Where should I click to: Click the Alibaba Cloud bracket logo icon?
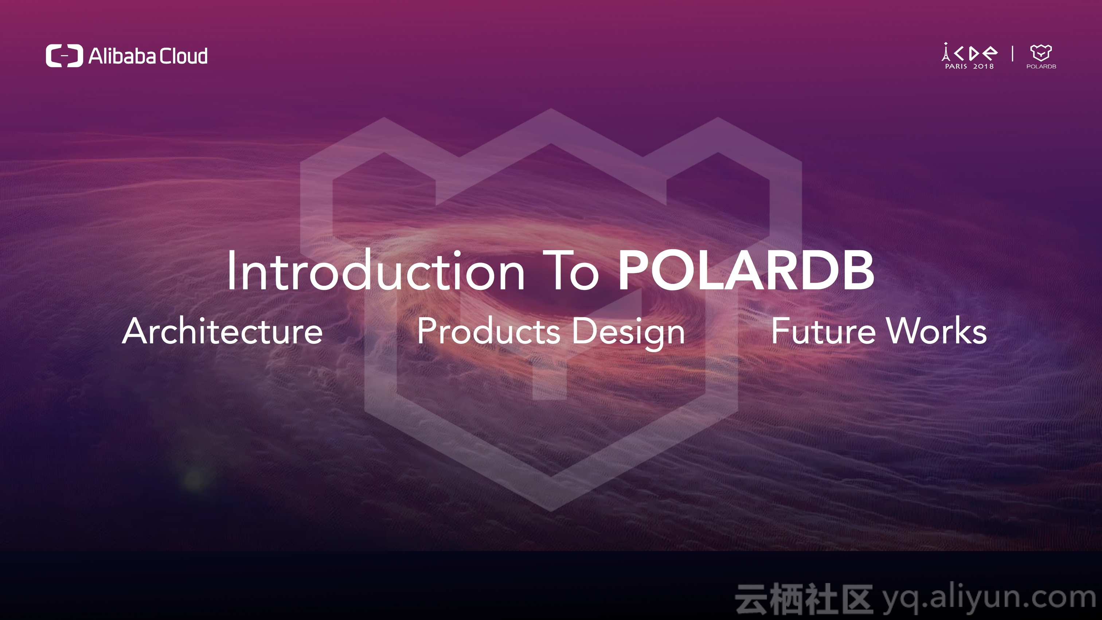pos(64,56)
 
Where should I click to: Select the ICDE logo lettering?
pos(969,52)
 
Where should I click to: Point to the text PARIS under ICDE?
pos(956,66)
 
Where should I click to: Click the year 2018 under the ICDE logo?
pos(984,66)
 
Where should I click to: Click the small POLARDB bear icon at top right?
pos(1041,52)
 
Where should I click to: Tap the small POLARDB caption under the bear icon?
pos(1041,66)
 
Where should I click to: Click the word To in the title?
pos(571,270)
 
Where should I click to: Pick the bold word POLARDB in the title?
pos(746,270)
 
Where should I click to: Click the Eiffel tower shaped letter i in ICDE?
pos(946,52)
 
